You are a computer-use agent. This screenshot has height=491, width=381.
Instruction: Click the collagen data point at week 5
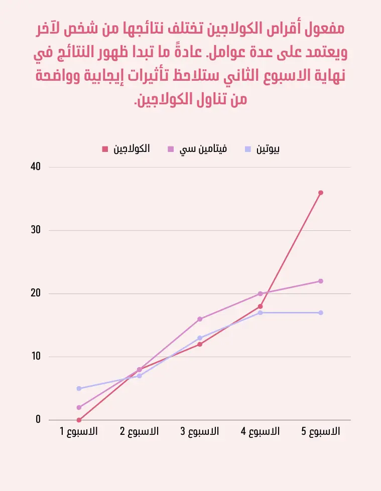[321, 193]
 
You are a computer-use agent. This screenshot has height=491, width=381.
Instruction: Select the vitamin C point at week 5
[321, 281]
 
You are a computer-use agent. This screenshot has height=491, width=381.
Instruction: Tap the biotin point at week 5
[321, 312]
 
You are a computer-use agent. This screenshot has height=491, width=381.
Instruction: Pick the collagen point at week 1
[79, 420]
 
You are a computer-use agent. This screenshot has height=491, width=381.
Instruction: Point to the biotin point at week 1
[79, 388]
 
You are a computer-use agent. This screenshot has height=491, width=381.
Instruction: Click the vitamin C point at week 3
[200, 319]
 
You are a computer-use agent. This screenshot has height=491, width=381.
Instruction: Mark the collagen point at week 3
[200, 344]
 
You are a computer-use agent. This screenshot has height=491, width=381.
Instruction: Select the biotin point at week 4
[260, 312]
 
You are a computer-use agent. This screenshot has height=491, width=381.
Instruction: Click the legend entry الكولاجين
[132, 149]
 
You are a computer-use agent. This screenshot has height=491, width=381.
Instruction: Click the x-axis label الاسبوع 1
[79, 431]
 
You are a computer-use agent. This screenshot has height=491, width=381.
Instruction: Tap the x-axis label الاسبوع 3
[200, 431]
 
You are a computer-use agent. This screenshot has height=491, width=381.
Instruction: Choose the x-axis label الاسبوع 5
[321, 431]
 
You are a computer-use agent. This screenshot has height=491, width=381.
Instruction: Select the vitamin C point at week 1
[79, 407]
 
